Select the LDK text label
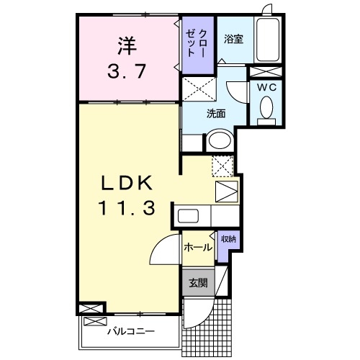(127, 182)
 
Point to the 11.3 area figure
(127, 209)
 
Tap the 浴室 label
(233, 39)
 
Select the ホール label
(198, 248)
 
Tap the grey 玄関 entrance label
(198, 283)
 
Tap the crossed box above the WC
(266, 71)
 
